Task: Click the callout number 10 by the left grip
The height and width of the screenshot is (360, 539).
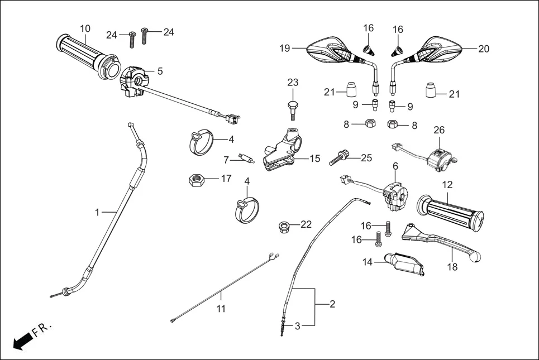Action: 85,28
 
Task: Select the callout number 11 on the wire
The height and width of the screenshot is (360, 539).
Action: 221,309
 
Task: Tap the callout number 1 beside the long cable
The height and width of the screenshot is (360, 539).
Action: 97,212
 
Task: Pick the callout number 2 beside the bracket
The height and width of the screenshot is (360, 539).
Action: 332,304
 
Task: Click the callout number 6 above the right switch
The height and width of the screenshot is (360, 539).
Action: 395,166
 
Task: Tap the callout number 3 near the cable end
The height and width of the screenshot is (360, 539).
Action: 297,326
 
